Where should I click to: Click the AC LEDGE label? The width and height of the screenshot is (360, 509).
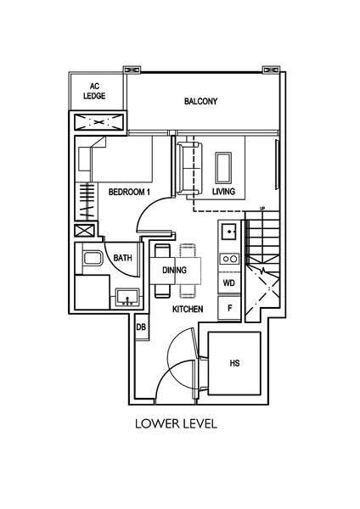click(94, 92)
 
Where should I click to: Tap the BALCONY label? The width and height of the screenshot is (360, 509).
click(200, 101)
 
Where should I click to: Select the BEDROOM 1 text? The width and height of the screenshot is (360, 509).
click(129, 192)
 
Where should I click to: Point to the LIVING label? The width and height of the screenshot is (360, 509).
click(223, 192)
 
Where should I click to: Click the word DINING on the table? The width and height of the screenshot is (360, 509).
click(174, 270)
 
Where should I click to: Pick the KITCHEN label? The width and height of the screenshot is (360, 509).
click(188, 309)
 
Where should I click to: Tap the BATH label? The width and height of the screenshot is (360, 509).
click(123, 258)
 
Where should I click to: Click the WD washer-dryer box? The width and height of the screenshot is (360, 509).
click(229, 283)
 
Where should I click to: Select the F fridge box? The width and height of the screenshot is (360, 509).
click(229, 308)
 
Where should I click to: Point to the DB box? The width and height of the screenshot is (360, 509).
click(141, 327)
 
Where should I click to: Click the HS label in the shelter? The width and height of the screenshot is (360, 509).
click(234, 363)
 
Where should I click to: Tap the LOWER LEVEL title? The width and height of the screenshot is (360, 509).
click(176, 423)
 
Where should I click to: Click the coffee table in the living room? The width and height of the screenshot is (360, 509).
click(223, 168)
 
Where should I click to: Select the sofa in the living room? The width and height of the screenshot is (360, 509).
click(188, 169)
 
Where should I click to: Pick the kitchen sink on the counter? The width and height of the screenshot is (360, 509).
click(230, 232)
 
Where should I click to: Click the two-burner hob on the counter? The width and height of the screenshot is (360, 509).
click(230, 259)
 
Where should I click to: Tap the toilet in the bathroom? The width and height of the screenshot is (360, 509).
click(92, 258)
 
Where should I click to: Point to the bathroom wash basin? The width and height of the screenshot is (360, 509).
click(127, 298)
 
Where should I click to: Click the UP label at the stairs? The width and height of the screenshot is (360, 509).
click(262, 208)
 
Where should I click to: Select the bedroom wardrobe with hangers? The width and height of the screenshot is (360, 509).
click(87, 202)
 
